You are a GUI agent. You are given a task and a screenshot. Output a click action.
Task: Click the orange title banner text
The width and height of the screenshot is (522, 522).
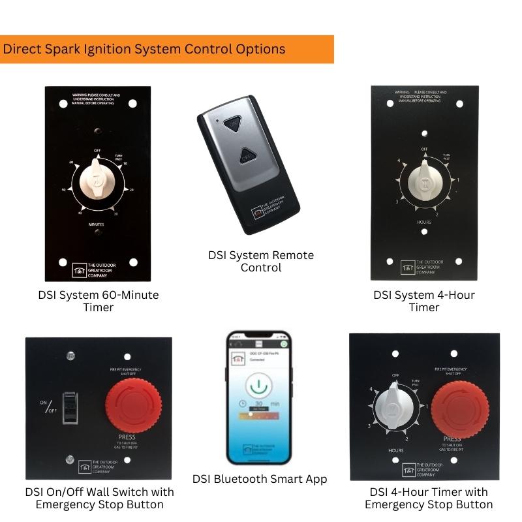(144, 49)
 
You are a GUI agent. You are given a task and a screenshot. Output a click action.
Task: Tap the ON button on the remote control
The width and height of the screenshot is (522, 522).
(232, 122)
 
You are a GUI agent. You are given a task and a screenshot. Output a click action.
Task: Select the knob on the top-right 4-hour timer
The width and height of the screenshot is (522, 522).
(424, 180)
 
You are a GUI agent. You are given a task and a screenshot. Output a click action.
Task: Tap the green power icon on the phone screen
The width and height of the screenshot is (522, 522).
(258, 383)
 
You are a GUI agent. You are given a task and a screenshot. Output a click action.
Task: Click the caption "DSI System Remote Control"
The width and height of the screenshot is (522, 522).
(261, 261)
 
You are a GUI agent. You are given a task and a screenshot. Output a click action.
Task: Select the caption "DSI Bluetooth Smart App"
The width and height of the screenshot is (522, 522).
(260, 479)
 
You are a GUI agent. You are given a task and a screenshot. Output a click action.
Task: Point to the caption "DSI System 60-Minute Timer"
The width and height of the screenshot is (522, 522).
(98, 301)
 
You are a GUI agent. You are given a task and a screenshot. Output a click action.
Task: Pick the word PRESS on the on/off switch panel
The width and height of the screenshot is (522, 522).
(127, 437)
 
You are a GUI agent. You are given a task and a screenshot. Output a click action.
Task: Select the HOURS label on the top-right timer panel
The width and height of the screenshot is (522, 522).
(424, 222)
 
